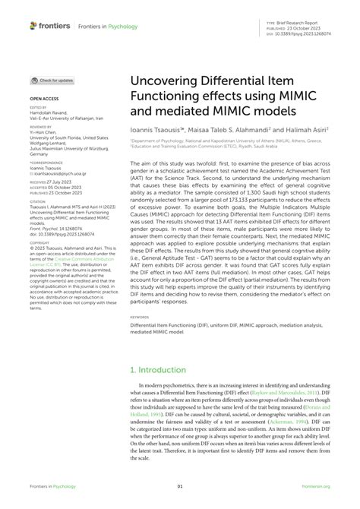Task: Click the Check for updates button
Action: click(x=52, y=80)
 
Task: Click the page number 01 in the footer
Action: click(x=180, y=487)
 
